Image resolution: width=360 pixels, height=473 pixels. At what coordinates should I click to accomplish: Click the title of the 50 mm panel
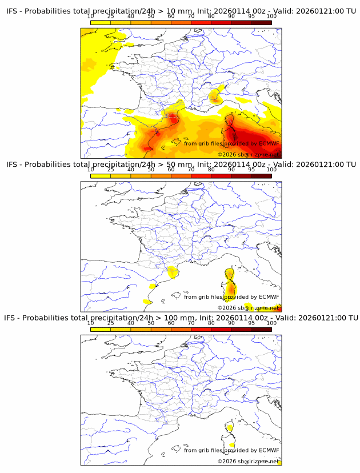coord(181,165)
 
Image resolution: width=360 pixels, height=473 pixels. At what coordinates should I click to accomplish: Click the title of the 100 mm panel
coord(181,318)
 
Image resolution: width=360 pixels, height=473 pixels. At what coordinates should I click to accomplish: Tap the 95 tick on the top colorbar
coord(251,17)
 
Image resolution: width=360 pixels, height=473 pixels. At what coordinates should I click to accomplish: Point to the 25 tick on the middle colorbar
coord(110,170)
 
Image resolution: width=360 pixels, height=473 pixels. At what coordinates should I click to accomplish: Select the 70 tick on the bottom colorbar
coord(191,323)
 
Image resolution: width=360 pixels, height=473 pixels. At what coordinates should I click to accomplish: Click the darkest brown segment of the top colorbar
coord(261,22)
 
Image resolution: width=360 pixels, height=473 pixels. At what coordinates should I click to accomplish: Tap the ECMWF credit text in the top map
coord(231,143)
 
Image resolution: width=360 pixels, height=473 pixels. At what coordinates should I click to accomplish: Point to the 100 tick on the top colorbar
coord(271,17)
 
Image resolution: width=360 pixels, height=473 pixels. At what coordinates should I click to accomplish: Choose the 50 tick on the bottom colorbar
coord(151,323)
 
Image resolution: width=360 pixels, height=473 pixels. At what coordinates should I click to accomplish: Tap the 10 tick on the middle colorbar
coord(90,170)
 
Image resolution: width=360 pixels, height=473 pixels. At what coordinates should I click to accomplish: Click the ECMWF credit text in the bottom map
coord(231,450)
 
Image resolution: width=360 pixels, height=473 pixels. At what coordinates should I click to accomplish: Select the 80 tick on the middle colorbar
coord(211,170)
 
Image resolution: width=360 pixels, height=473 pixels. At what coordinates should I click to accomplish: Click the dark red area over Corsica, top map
coord(231,135)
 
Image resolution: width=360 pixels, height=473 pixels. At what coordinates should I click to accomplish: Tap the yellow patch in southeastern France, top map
coord(215,95)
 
